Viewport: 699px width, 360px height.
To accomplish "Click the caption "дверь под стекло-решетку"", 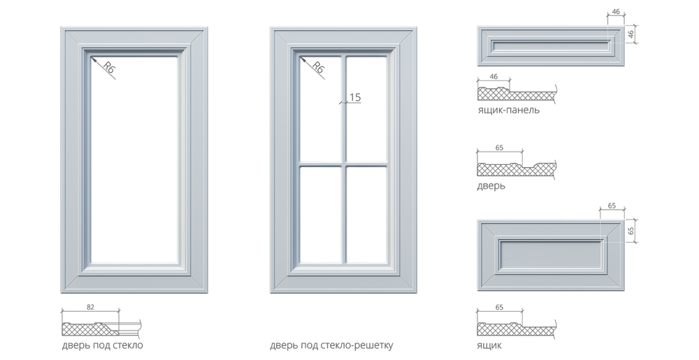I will [331, 345].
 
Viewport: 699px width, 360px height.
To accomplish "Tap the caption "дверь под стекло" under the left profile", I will [102, 345].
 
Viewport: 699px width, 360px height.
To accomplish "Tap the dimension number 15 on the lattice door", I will [356, 98].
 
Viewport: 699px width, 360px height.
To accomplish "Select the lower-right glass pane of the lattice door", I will [366, 213].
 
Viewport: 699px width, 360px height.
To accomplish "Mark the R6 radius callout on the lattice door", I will [319, 69].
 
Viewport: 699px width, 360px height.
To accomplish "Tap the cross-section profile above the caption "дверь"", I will [516, 168].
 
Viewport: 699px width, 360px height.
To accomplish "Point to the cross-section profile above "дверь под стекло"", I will [102, 324].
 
